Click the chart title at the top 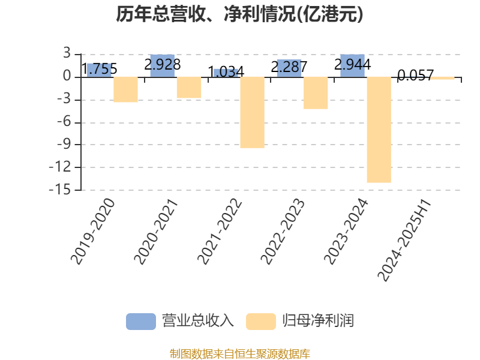239,14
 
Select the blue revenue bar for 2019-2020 99,70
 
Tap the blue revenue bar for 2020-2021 163,66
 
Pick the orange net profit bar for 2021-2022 252,112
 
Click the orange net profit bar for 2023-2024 379,130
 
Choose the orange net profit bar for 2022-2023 316,93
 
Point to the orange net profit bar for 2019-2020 125,89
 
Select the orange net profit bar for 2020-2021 189,88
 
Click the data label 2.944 352,65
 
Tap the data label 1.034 226,72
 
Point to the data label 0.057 416,75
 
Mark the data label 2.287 289,67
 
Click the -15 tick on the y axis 59,190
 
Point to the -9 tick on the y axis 64,144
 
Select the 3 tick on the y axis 67,53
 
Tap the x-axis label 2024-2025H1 404,241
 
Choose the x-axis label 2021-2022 220,232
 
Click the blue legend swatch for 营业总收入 141,322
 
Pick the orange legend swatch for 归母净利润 261,322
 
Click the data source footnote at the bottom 239,354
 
